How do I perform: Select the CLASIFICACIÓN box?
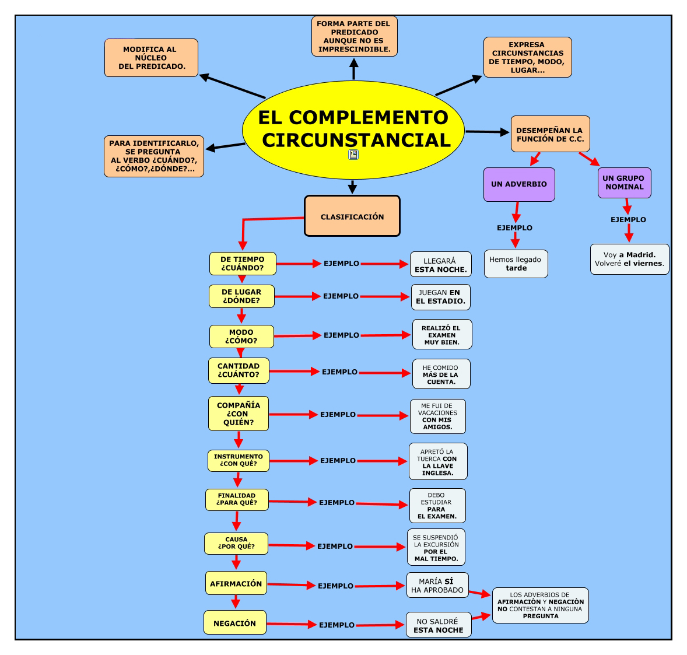tap(352, 216)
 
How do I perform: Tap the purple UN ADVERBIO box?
tap(519, 184)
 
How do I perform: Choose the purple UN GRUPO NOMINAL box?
tap(624, 183)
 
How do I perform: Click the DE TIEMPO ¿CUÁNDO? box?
tap(243, 264)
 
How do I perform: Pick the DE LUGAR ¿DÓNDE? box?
tap(241, 296)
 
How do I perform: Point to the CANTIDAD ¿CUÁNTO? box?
tap(239, 370)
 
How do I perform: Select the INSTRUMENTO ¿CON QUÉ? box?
tap(238, 460)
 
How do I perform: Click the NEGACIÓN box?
tap(234, 623)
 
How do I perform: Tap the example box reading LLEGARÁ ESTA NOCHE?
tap(440, 265)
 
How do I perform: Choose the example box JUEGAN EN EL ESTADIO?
tap(440, 297)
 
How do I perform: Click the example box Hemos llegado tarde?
tap(516, 264)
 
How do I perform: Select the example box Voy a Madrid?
tap(629, 259)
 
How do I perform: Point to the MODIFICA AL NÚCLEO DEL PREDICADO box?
tap(151, 58)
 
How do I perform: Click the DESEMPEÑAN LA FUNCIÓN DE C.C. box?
tap(550, 134)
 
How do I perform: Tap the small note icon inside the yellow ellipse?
tap(353, 155)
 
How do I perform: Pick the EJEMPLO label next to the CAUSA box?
tap(335, 547)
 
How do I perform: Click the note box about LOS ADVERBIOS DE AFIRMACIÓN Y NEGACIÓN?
tap(540, 605)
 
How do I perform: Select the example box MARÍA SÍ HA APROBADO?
tap(437, 586)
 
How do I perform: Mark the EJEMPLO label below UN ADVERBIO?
tap(514, 228)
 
